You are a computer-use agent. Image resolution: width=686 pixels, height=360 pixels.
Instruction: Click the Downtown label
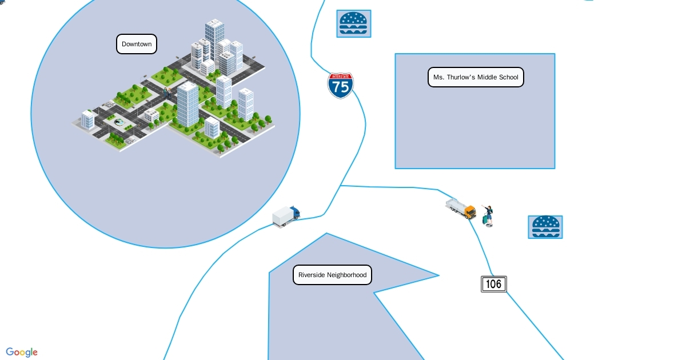click(137, 44)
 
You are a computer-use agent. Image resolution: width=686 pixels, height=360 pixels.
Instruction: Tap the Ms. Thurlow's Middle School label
click(476, 77)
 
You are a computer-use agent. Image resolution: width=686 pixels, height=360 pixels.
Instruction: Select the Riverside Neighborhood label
click(332, 275)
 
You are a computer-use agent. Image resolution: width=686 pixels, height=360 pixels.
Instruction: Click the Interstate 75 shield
click(340, 85)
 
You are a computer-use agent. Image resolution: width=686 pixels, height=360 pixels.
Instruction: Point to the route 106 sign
click(493, 284)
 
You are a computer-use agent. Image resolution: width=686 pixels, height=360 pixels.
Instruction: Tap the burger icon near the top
click(353, 23)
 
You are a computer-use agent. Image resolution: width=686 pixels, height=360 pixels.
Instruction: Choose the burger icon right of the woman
click(545, 227)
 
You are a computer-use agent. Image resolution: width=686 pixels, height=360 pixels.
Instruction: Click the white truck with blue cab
click(286, 216)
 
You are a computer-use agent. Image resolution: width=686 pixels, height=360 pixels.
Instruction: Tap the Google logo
click(22, 352)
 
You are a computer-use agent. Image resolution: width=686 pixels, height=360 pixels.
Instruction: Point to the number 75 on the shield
click(341, 87)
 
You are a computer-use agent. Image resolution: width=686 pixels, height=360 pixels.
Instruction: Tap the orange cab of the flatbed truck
click(470, 212)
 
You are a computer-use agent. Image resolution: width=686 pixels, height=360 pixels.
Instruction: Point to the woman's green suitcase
click(486, 219)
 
